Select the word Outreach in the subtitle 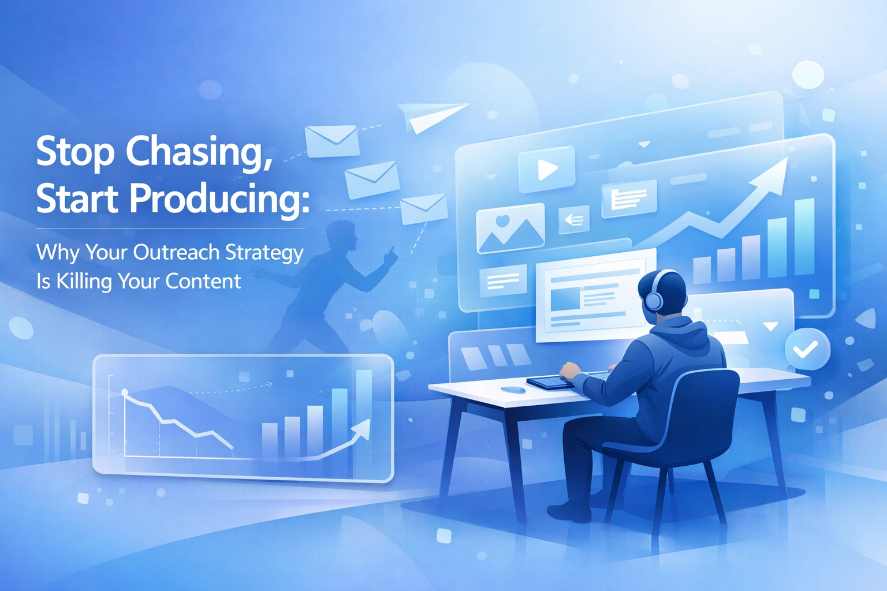(176, 252)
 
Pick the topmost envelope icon (331, 140)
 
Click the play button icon (547, 170)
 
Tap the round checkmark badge (807, 349)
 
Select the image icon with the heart (510, 229)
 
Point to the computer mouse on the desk (513, 390)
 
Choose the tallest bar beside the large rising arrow (804, 236)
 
